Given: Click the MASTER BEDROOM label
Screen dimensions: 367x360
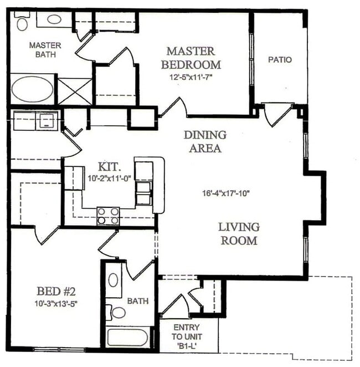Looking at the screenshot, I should click(190, 57).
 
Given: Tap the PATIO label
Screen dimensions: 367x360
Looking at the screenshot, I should click(280, 59).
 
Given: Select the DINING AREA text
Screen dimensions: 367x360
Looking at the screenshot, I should click(205, 141).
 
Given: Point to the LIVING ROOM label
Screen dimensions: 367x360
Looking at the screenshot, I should click(238, 233).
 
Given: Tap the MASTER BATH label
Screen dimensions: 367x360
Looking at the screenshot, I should click(45, 49).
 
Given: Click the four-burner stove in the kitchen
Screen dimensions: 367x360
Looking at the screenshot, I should click(108, 215).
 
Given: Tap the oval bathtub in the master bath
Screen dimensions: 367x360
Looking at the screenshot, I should click(33, 90).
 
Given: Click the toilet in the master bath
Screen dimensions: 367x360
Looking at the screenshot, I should click(22, 24).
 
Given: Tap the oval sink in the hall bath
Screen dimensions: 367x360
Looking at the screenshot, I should click(113, 280).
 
